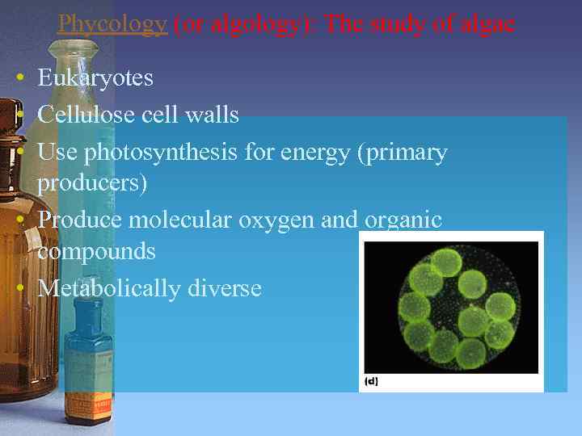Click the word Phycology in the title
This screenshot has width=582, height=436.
tap(112, 24)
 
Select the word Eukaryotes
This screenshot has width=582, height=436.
tap(95, 78)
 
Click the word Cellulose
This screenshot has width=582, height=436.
tap(87, 115)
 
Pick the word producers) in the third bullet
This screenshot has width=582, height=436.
tap(92, 183)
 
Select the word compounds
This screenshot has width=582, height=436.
tap(96, 251)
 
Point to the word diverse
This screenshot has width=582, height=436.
tap(224, 287)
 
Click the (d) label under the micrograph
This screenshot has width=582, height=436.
tap(372, 380)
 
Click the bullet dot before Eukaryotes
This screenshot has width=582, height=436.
tap(17, 78)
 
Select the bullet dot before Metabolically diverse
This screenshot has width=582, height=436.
tap(17, 288)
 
